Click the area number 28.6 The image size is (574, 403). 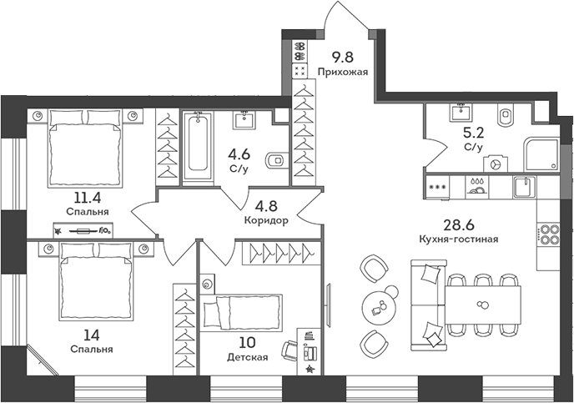(x=459, y=225)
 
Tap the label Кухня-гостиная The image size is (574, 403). (x=459, y=239)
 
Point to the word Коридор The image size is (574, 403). (x=267, y=222)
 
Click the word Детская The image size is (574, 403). (x=247, y=358)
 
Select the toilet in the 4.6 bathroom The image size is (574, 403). (x=273, y=160)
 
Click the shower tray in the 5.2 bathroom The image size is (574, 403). (x=540, y=154)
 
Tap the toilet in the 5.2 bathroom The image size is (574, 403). (x=506, y=115)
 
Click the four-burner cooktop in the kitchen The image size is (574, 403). (x=548, y=234)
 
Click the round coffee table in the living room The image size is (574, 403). (x=382, y=306)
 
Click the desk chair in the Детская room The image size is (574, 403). (x=290, y=350)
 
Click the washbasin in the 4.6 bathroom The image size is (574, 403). (x=244, y=118)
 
